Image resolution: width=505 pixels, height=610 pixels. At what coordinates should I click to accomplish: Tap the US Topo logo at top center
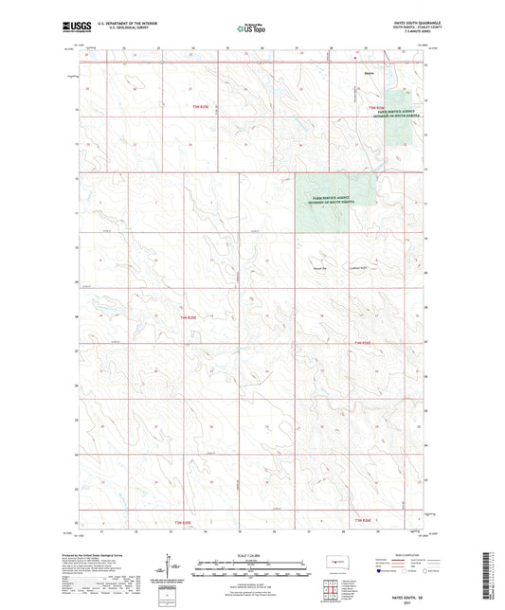coord(250,29)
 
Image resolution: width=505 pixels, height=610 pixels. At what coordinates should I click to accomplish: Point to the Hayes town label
coord(370,73)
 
